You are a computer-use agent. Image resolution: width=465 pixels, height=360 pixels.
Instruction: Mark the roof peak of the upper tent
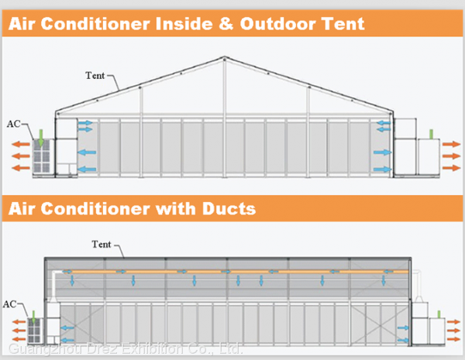pyautogui.click(x=224, y=59)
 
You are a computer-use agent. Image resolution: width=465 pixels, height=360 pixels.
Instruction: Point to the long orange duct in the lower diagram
pyautogui.click(x=232, y=272)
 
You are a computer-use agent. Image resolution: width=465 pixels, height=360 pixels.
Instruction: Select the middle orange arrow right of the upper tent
pyautogui.click(x=452, y=155)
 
